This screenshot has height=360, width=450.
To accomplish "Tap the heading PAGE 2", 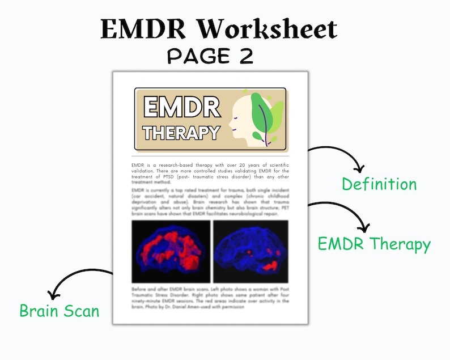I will [210, 56].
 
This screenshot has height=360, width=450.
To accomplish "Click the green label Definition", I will [379, 184].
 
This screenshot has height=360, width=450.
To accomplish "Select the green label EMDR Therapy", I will [374, 244].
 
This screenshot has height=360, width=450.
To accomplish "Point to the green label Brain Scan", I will [60, 311].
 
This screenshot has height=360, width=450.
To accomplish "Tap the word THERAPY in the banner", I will [181, 133].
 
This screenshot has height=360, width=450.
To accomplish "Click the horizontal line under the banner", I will [210, 155].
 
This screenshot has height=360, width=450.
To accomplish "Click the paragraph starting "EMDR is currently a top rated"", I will [210, 201].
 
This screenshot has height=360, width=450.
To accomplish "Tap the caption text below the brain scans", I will [210, 297].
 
